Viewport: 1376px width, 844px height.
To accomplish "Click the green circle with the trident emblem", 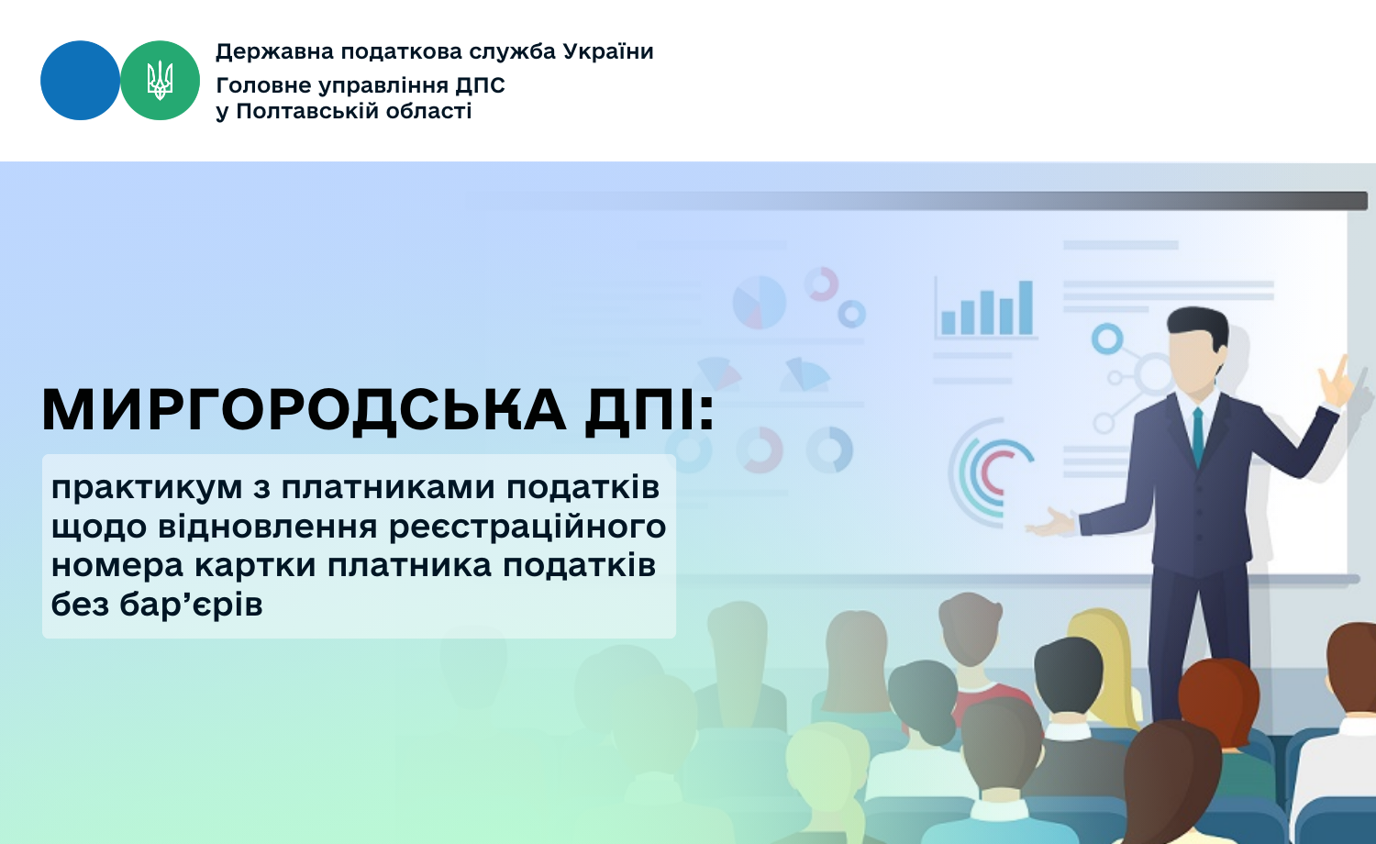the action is click(160, 81).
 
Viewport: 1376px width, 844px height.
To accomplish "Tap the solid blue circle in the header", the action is click(80, 81).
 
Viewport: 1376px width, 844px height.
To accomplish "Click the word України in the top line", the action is click(608, 51).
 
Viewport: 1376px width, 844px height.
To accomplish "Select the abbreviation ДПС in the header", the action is click(480, 85).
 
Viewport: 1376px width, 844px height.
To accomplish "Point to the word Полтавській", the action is click(307, 111).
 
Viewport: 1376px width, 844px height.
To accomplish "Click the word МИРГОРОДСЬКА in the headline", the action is click(304, 410).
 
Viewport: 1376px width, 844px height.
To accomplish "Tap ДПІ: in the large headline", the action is click(650, 410).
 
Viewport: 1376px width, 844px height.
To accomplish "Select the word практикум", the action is click(147, 489).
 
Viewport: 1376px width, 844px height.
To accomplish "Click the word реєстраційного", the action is click(527, 527).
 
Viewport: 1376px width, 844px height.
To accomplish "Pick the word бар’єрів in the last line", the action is click(191, 604).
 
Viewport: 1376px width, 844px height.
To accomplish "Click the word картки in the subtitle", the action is click(255, 565).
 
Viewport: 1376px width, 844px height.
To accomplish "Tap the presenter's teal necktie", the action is click(1198, 438).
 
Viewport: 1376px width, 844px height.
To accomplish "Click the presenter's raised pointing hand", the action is click(1337, 383).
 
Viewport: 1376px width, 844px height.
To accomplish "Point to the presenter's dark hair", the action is click(1198, 326).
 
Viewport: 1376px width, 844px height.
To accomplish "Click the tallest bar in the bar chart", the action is click(1026, 307).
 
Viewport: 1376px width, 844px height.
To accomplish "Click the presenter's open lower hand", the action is click(1051, 524).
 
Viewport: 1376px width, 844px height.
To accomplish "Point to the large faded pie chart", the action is click(760, 302).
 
